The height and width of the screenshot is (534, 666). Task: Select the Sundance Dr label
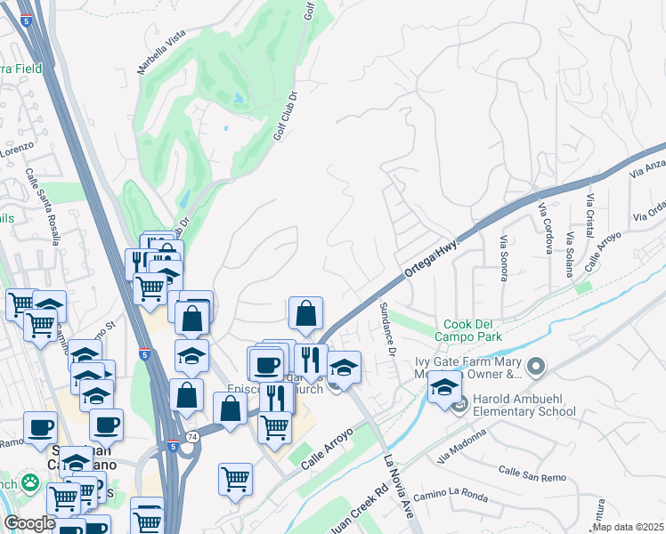[x=386, y=328]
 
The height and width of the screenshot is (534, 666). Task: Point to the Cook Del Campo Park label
[x=467, y=329]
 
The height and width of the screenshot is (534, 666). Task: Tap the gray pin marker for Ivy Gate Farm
[x=535, y=366]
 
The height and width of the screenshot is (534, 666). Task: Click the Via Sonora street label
[x=503, y=258]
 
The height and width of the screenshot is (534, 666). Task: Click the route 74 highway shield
[x=192, y=437]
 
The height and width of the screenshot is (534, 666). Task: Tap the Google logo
[x=29, y=523]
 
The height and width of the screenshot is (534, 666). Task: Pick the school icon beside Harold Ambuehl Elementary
[x=444, y=387]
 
